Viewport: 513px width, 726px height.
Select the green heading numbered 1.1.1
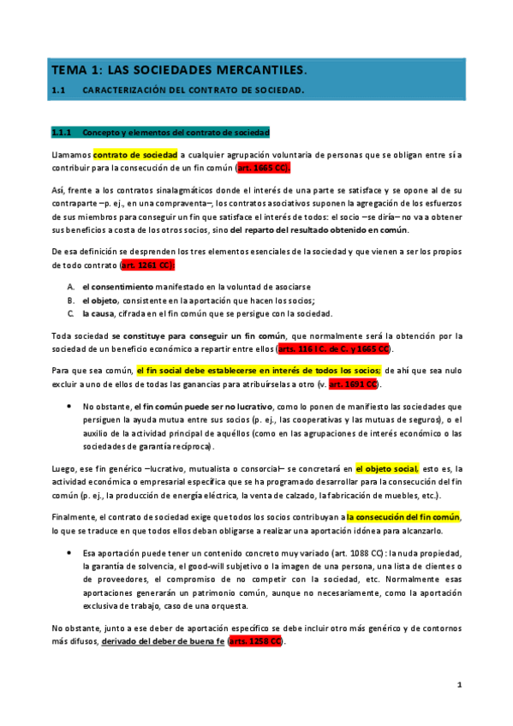[x=161, y=133]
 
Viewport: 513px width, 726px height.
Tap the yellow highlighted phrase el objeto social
[x=386, y=468]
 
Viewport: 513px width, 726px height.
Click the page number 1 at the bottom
[x=459, y=685]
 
